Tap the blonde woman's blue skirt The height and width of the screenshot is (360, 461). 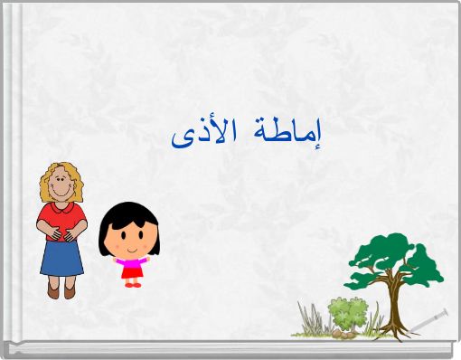click(x=61, y=257)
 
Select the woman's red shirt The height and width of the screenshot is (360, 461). click(x=61, y=217)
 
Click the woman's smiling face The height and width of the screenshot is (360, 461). click(x=61, y=187)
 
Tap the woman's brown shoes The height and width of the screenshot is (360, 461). click(x=61, y=291)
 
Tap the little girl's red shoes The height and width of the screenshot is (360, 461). click(x=132, y=284)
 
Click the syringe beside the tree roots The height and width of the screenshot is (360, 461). click(x=428, y=319)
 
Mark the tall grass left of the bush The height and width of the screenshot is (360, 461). click(x=313, y=318)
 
